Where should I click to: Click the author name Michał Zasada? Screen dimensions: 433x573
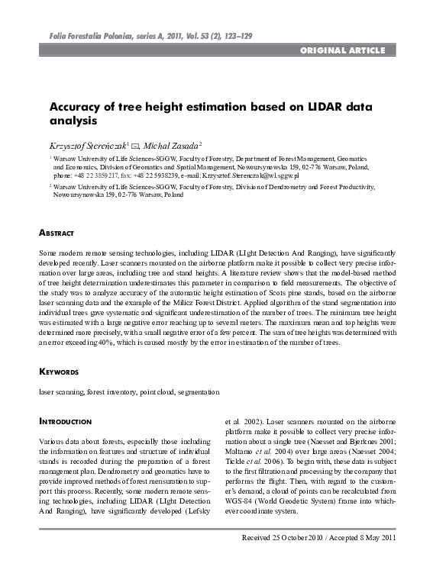coord(170,145)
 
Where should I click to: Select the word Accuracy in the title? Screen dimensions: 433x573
coord(76,107)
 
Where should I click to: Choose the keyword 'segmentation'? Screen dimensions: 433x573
coord(199,391)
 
